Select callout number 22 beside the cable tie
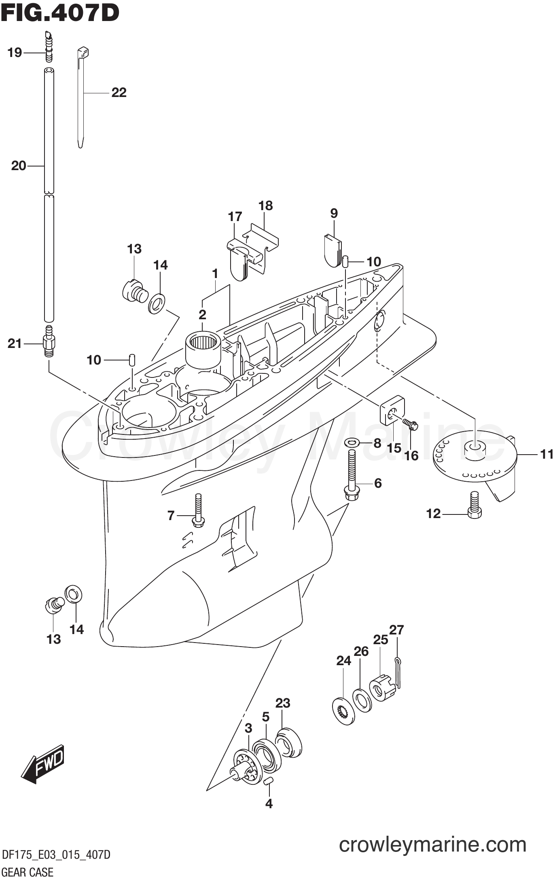point(119,93)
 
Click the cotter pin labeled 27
point(398,674)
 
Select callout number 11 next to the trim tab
point(546,455)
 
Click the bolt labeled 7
point(198,510)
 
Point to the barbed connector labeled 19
point(49,48)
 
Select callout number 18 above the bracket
point(265,206)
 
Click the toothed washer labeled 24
point(344,710)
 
